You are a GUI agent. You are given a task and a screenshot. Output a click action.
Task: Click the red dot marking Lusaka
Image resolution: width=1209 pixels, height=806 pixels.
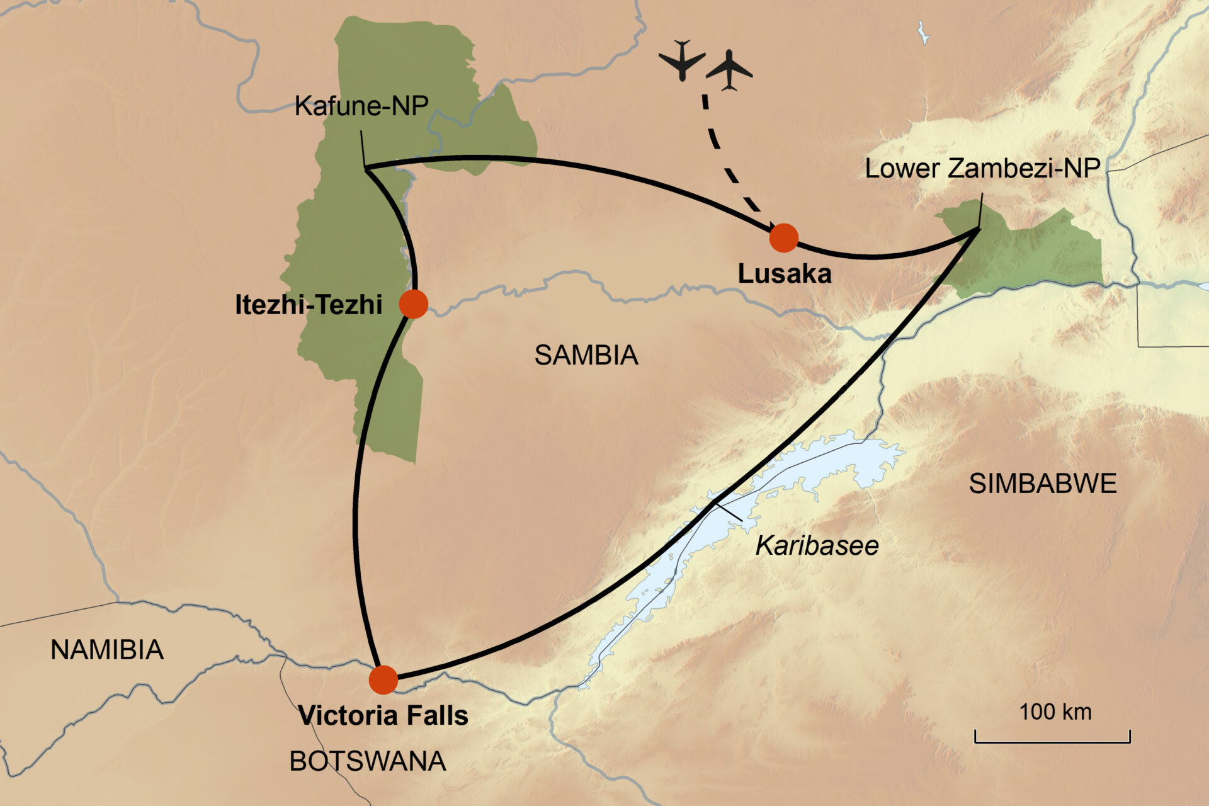784,238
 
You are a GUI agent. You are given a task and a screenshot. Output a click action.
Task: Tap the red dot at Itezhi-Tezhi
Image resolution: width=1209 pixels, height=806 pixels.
414,304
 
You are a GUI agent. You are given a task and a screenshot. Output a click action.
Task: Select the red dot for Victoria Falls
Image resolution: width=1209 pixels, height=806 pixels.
383,679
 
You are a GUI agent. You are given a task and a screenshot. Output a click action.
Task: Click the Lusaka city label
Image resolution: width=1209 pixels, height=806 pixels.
785,274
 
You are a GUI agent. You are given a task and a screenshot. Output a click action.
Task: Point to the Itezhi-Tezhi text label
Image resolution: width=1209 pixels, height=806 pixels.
309,305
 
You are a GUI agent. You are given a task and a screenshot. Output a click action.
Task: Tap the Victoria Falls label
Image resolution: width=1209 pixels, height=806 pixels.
383,715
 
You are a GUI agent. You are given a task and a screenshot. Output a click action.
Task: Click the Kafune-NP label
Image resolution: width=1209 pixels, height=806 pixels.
361,106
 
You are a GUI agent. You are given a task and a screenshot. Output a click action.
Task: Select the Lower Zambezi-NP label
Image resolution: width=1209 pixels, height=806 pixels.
982,168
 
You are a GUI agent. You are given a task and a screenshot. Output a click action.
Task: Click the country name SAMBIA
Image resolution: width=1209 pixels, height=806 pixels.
586,355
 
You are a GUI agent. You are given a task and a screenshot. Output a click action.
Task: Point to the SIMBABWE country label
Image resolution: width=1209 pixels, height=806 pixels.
1043,484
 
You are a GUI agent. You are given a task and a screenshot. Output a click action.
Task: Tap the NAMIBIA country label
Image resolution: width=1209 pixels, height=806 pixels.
107,650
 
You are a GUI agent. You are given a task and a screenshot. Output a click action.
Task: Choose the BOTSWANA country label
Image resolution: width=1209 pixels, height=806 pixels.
368,761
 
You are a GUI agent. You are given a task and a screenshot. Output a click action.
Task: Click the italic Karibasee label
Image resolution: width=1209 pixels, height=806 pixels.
817,545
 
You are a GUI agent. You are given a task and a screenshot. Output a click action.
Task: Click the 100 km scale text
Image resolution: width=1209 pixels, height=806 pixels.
1055,712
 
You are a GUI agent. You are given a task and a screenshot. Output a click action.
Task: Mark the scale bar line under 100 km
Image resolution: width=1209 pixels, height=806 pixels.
1052,741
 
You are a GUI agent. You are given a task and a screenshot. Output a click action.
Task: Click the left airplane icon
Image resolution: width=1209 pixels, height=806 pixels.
682,60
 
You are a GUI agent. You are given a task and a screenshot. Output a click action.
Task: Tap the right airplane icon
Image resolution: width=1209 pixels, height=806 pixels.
729,71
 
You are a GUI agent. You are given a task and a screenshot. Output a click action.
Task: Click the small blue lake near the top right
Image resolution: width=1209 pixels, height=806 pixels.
923,33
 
